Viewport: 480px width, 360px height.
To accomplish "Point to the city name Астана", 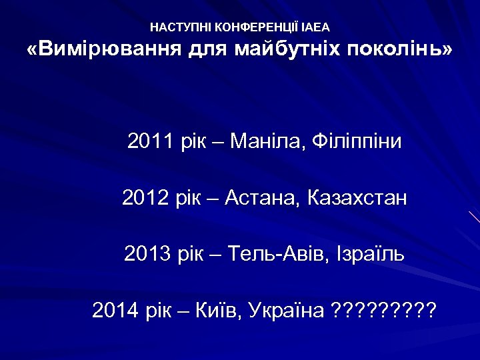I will coord(263,198).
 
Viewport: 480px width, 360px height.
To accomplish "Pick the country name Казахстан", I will coord(357,198).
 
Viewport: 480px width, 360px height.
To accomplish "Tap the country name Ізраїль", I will coord(365,254).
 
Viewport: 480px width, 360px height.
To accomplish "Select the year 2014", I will coord(115,310).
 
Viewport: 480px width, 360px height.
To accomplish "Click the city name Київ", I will coord(220,310).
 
